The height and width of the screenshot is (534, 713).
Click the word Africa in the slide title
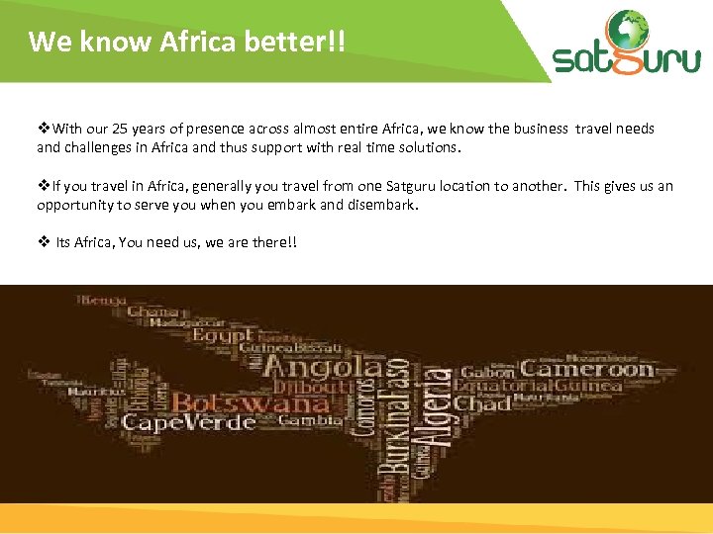click(x=207, y=42)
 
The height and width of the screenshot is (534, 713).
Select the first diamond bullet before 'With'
click(x=43, y=129)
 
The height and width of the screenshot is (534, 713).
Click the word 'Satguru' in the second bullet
click(x=418, y=186)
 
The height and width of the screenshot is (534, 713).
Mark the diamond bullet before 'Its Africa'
click(x=43, y=242)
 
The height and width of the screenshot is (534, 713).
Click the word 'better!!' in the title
click(x=301, y=42)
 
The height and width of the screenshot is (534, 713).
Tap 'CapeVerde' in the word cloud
click(x=188, y=423)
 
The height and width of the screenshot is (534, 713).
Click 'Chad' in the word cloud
click(x=483, y=402)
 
